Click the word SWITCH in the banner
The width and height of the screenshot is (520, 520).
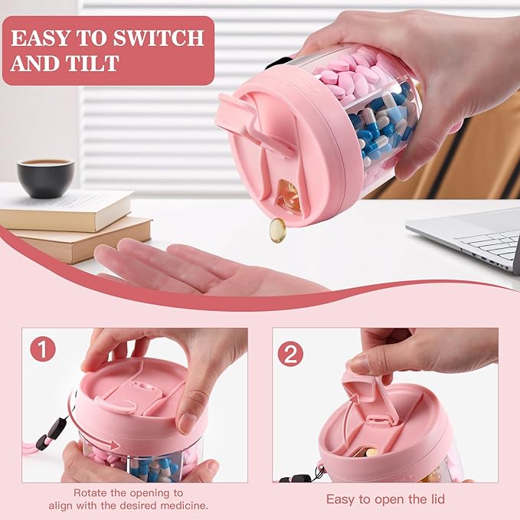tap(159, 38)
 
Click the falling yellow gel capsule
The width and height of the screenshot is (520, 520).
tap(277, 230)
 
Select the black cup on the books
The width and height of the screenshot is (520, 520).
tap(45, 178)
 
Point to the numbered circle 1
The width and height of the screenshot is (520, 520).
tap(43, 349)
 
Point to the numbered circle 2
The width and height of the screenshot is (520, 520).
tap(290, 354)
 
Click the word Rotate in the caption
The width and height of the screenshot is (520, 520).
tap(90, 492)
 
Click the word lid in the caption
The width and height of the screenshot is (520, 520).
tap(436, 499)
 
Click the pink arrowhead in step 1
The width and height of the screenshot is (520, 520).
tap(115, 444)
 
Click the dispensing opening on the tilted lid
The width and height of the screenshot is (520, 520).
tap(287, 195)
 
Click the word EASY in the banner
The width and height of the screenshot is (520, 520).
tap(41, 38)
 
